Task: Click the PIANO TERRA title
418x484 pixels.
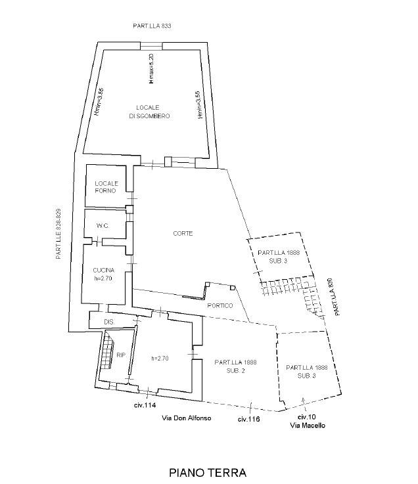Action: pyautogui.click(x=207, y=472)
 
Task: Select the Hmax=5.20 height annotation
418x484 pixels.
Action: pyautogui.click(x=151, y=68)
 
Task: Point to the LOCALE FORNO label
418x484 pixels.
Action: pyautogui.click(x=106, y=187)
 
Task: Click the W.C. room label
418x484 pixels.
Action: pyautogui.click(x=102, y=226)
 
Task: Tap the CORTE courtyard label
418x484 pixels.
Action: pyautogui.click(x=183, y=234)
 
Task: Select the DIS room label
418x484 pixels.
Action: pyautogui.click(x=109, y=321)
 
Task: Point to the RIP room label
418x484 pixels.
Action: pyautogui.click(x=120, y=355)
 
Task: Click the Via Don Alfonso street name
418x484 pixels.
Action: pyautogui.click(x=187, y=418)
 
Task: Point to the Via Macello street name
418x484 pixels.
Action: pyautogui.click(x=308, y=426)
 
